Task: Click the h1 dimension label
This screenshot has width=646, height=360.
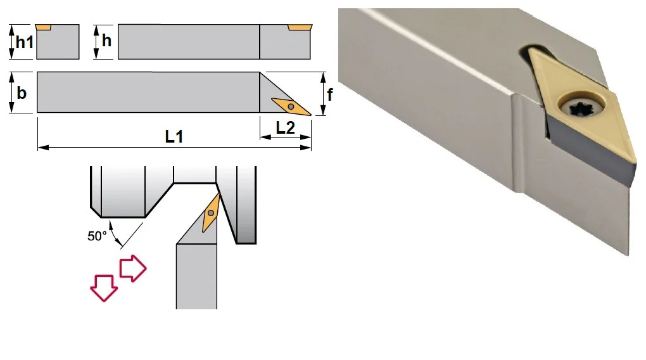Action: coord(24,42)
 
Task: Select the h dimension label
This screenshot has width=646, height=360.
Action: coord(106,41)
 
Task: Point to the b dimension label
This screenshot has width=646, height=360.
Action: coord(22,93)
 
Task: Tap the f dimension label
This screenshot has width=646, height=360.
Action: coord(329,94)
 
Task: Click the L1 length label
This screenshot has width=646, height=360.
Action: coord(174,136)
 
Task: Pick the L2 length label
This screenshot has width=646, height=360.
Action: coord(285,128)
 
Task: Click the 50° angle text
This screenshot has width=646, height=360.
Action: coord(97,236)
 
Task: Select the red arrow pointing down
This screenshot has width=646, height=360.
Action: coord(104,287)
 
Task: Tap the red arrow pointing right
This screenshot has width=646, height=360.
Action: coord(132,269)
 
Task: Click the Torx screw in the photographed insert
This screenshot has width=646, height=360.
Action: coord(582,108)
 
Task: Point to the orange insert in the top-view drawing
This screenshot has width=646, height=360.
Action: coord(291,107)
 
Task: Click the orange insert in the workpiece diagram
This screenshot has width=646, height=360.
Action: coord(211,213)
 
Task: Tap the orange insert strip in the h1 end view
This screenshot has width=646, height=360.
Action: coord(43,27)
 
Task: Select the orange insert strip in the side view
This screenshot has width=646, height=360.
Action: coord(300,27)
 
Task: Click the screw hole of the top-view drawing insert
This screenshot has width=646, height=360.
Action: coord(291,107)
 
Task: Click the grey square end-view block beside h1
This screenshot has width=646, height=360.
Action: coord(58,42)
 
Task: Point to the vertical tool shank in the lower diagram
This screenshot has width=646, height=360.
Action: coord(196,276)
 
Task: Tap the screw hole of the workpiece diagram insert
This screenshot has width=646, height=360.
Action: coord(211,213)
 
